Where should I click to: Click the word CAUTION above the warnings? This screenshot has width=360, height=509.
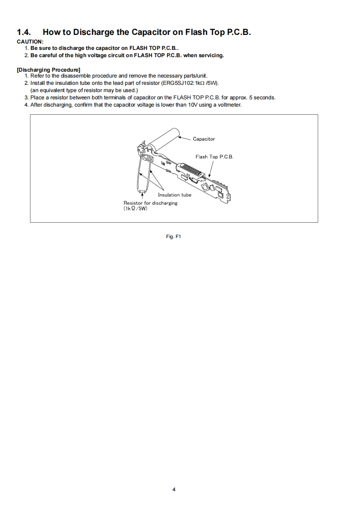pyautogui.click(x=30, y=42)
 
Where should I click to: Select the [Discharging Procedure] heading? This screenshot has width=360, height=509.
pyautogui.click(x=48, y=69)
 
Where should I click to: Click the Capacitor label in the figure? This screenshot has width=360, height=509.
pyautogui.click(x=204, y=139)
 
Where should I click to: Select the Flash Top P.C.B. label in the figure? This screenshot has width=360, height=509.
pyautogui.click(x=214, y=157)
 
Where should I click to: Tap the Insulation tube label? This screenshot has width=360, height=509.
pyautogui.click(x=174, y=195)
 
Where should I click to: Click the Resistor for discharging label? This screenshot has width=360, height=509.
pyautogui.click(x=150, y=203)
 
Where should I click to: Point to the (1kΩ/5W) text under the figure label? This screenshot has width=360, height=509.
pyautogui.click(x=135, y=209)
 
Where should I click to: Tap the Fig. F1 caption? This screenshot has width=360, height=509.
pyautogui.click(x=174, y=236)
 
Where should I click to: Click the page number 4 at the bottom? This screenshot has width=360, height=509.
pyautogui.click(x=174, y=489)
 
